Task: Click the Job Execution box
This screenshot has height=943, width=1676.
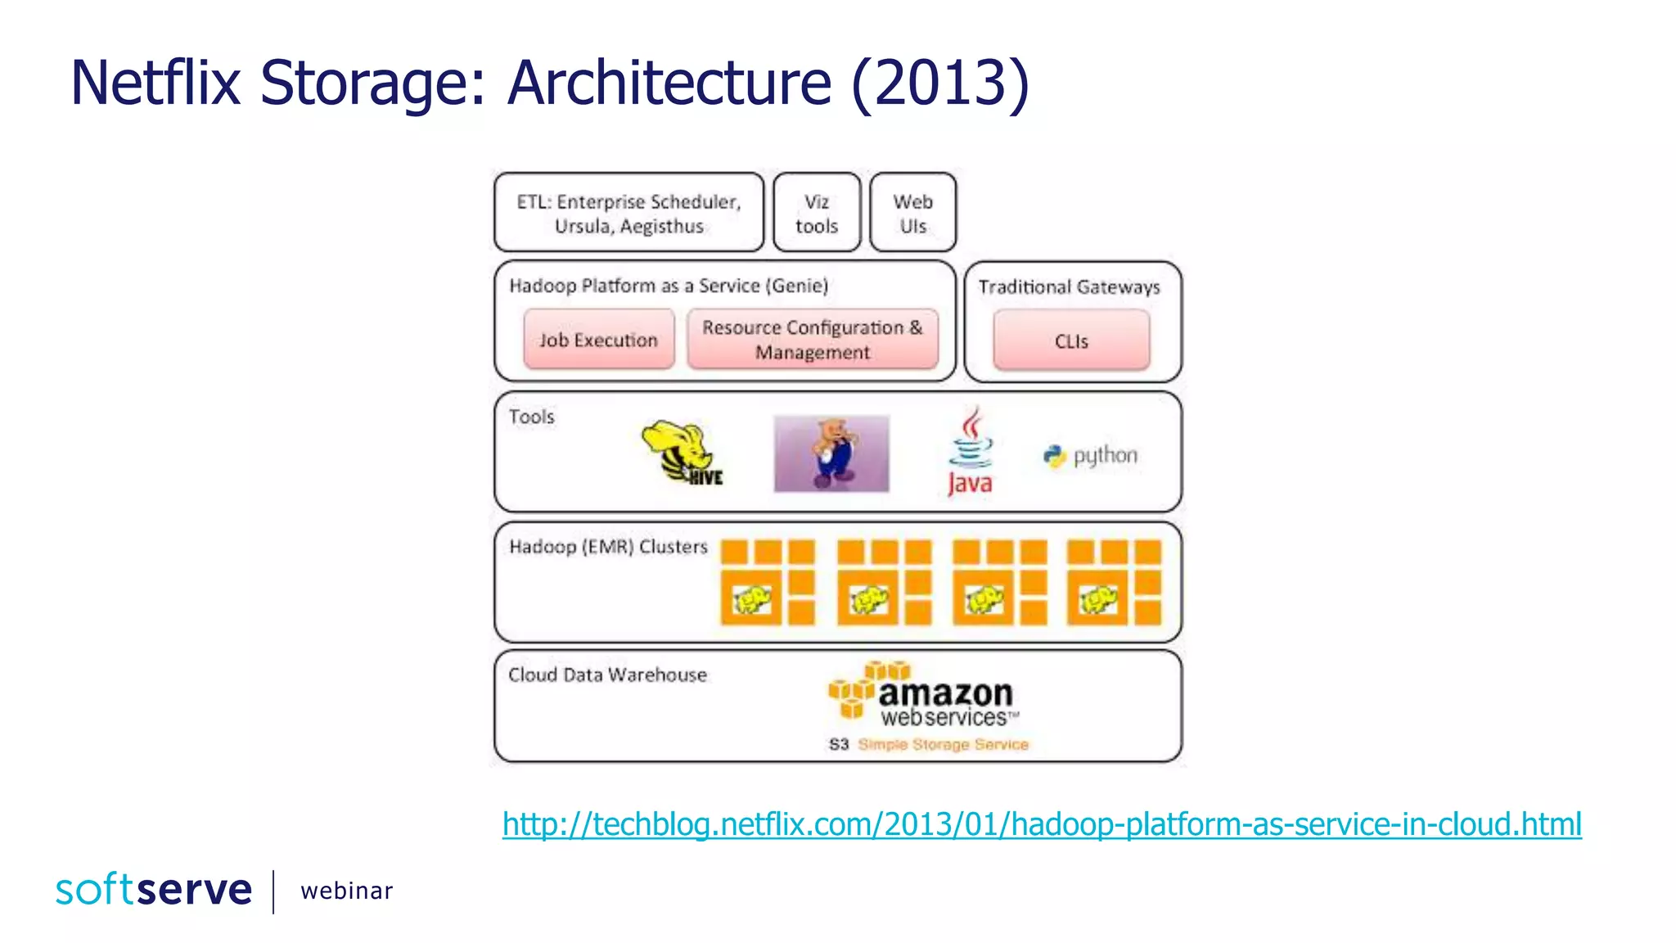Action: (598, 339)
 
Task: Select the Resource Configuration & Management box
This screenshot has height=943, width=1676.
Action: (812, 339)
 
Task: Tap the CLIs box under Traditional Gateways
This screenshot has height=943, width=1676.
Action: (1071, 341)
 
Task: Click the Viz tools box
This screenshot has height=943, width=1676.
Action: (817, 213)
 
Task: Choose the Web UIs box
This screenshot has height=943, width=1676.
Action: (912, 213)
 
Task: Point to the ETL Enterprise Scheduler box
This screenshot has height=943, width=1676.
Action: (628, 213)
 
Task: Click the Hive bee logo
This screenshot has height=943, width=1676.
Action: (682, 453)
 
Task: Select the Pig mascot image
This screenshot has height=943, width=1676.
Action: (831, 453)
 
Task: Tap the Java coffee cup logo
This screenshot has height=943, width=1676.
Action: (971, 452)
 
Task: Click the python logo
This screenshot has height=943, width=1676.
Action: (1091, 456)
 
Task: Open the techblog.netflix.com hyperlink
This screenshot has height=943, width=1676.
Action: (1042, 824)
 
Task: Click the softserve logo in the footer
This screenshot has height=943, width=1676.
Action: (154, 890)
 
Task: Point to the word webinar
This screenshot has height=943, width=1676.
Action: (346, 891)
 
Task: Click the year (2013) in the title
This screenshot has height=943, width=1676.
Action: (940, 83)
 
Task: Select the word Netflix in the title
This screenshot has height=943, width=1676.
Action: (155, 83)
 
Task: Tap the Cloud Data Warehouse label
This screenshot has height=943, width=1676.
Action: (607, 675)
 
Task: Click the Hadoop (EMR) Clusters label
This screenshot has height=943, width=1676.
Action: (608, 546)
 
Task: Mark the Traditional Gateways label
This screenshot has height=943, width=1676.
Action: (1069, 287)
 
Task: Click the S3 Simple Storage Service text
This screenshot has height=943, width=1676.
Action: (929, 744)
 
